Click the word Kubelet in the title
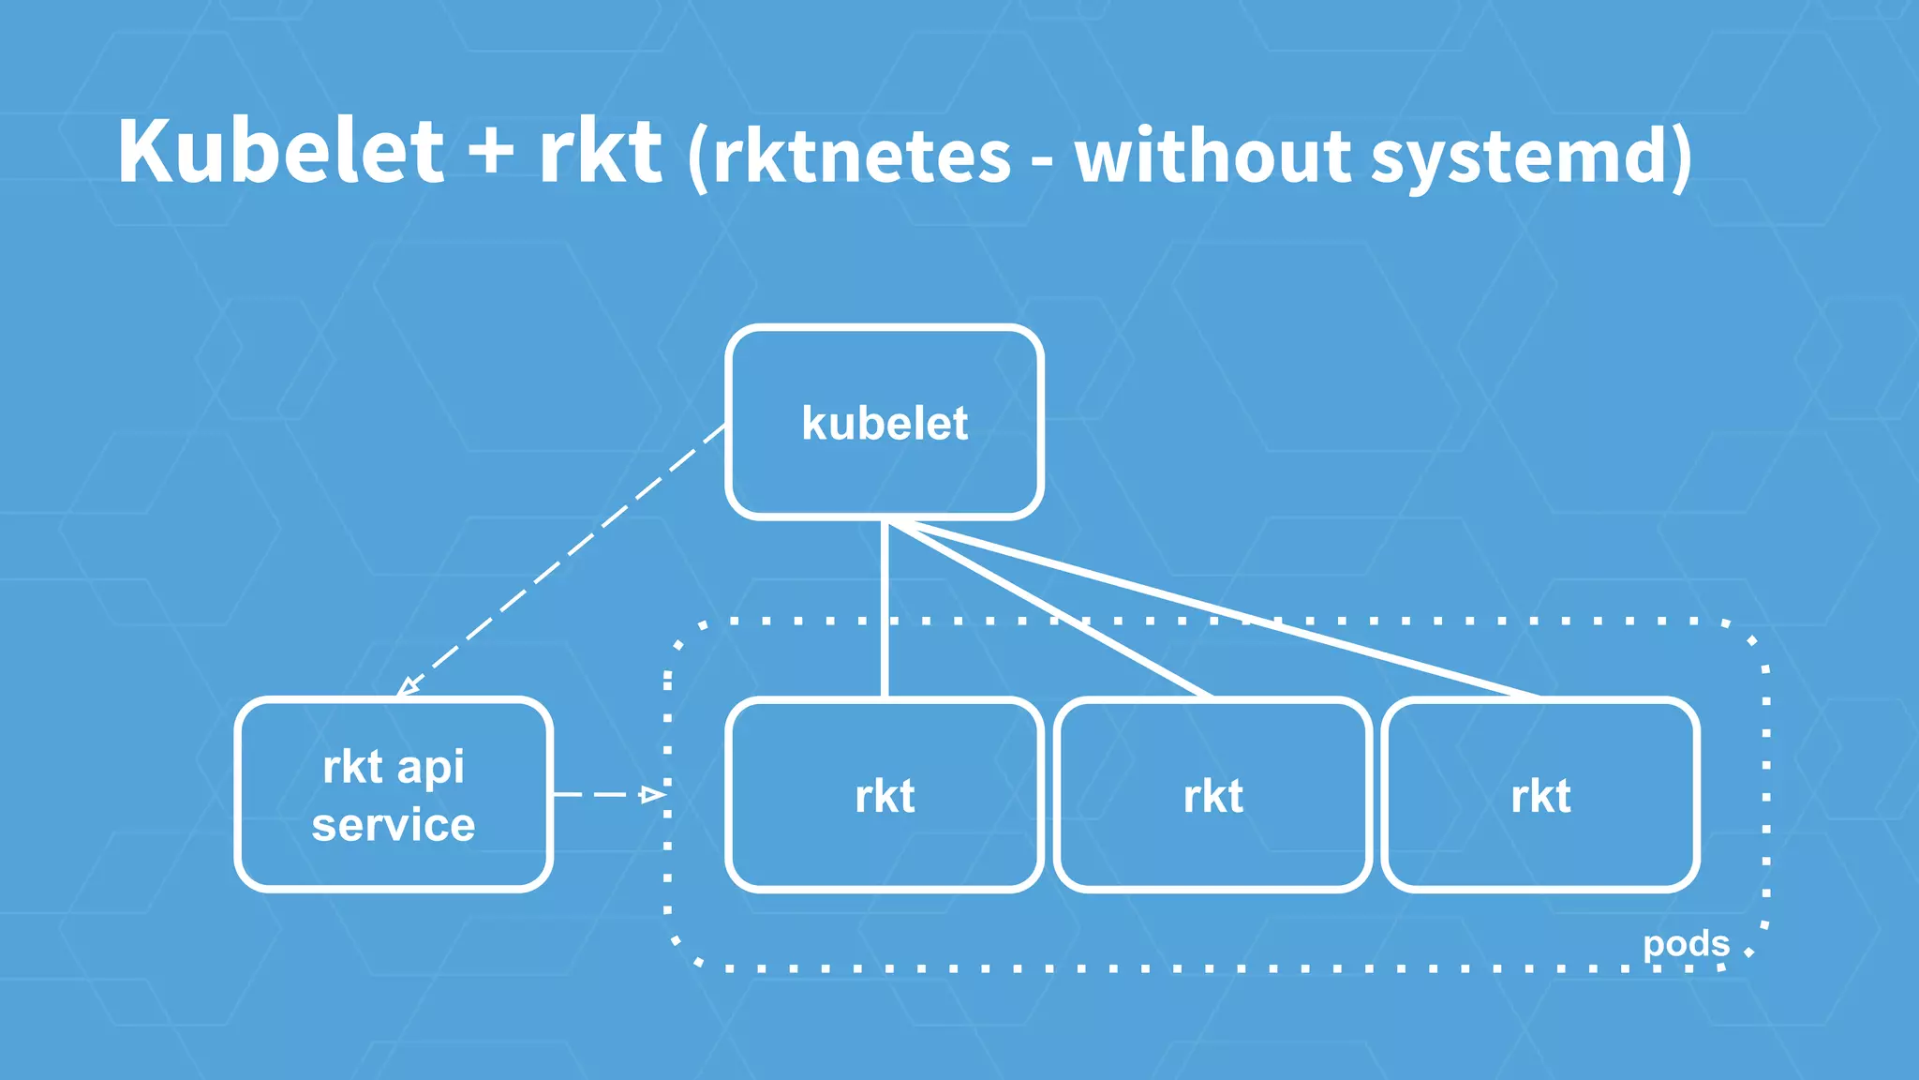tap(279, 152)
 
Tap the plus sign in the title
tap(491, 152)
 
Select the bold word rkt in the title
tap(600, 152)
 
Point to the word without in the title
tap(1212, 156)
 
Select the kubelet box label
tap(885, 424)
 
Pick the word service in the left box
tap(394, 825)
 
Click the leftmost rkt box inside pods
tap(885, 795)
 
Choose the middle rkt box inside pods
tap(1212, 795)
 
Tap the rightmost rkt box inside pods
tap(1540, 795)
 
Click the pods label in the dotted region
tap(1686, 943)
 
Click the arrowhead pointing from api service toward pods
tap(652, 795)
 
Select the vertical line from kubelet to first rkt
tap(885, 609)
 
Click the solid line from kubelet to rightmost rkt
tap(1218, 610)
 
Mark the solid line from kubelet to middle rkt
tap(1049, 609)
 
